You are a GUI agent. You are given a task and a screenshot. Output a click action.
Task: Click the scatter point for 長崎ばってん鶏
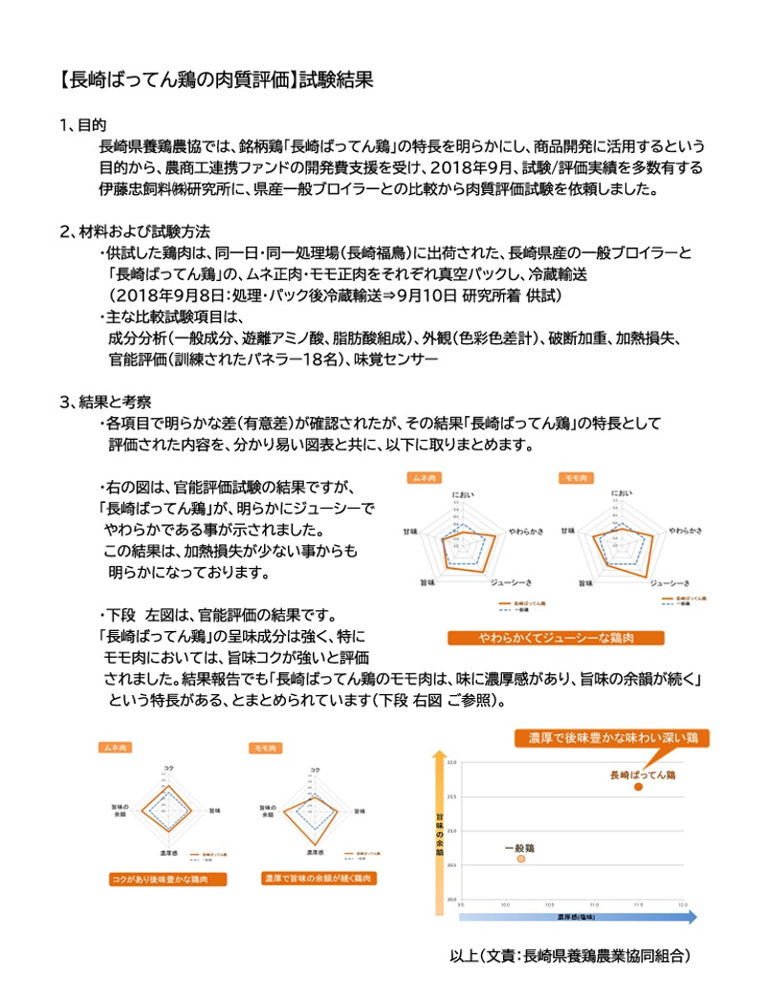[639, 786]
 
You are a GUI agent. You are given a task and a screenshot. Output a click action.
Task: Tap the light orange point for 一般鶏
[521, 860]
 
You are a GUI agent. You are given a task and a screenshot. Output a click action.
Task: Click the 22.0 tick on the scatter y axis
[452, 761]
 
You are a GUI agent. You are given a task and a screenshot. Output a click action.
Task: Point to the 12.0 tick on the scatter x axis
[682, 905]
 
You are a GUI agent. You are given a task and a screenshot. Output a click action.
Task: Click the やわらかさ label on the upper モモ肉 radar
[686, 530]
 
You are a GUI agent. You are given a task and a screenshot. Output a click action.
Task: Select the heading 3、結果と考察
[104, 402]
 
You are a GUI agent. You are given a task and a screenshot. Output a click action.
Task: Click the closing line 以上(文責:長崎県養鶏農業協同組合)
[569, 954]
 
